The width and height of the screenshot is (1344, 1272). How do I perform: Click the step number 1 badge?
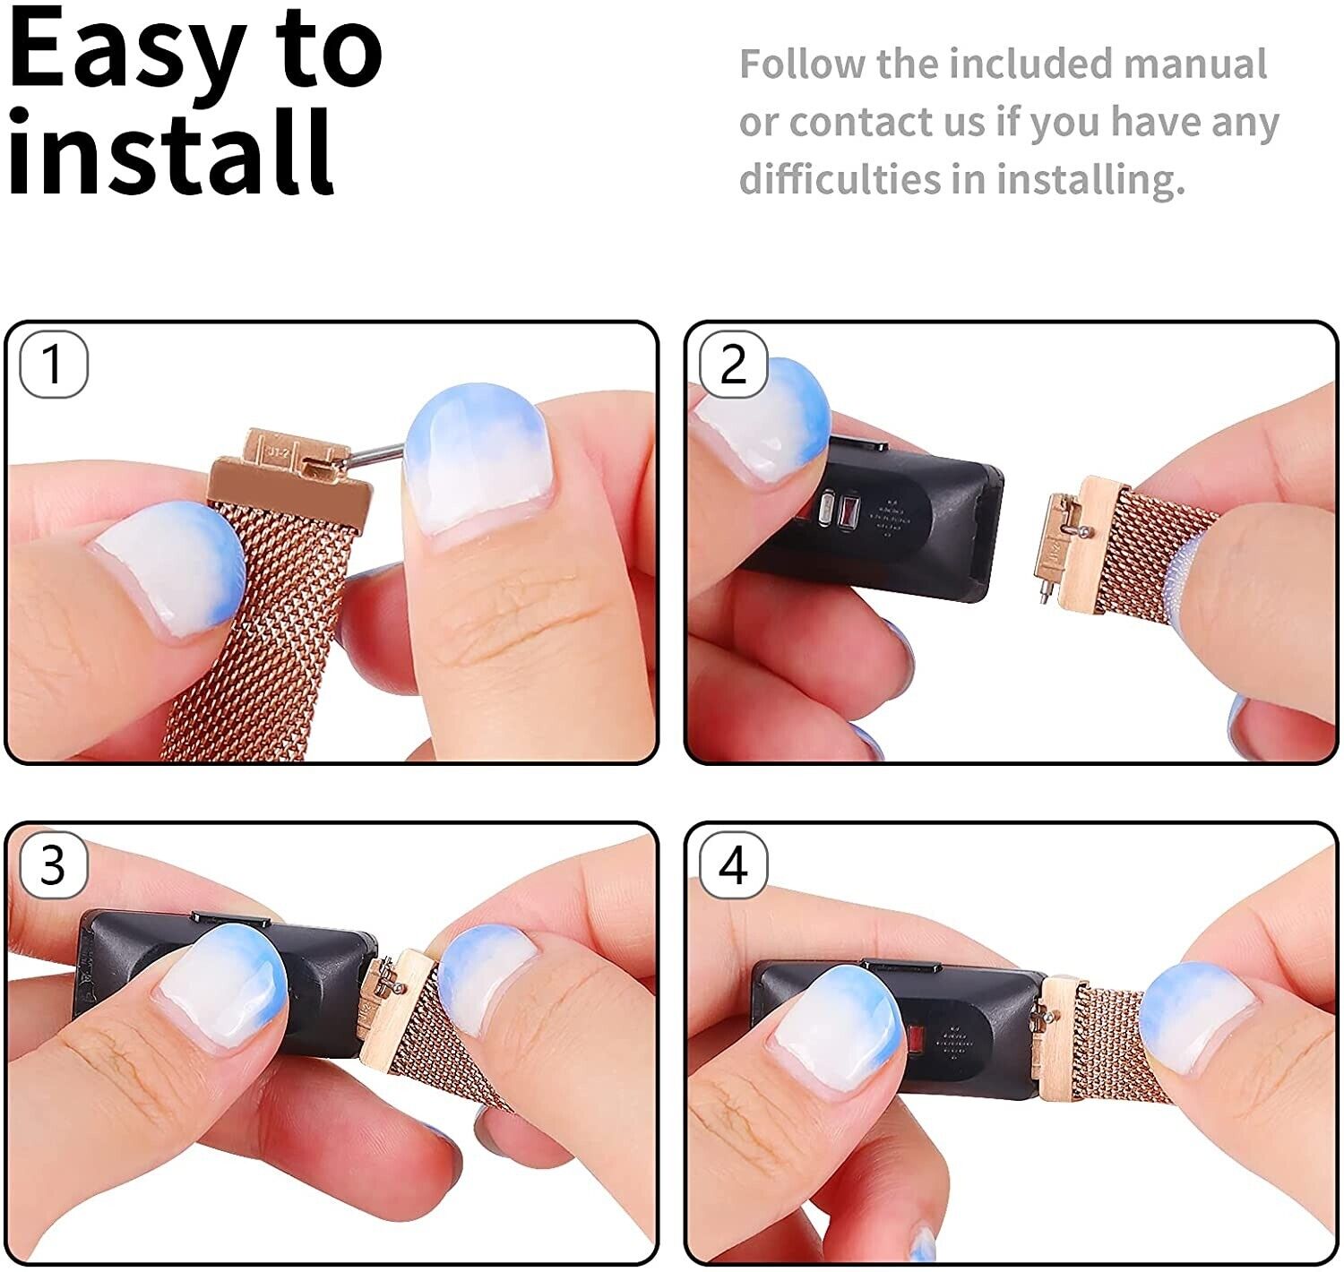click(x=54, y=364)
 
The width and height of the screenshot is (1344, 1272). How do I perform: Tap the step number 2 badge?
click(x=733, y=364)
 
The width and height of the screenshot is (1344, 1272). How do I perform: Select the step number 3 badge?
click(x=54, y=864)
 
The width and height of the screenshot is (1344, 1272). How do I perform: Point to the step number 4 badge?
click(x=733, y=864)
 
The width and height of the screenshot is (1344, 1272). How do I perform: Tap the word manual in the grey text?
click(x=1195, y=64)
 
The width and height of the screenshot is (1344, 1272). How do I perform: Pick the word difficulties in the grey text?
click(x=840, y=179)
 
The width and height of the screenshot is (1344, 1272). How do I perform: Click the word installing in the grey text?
click(x=1090, y=180)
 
